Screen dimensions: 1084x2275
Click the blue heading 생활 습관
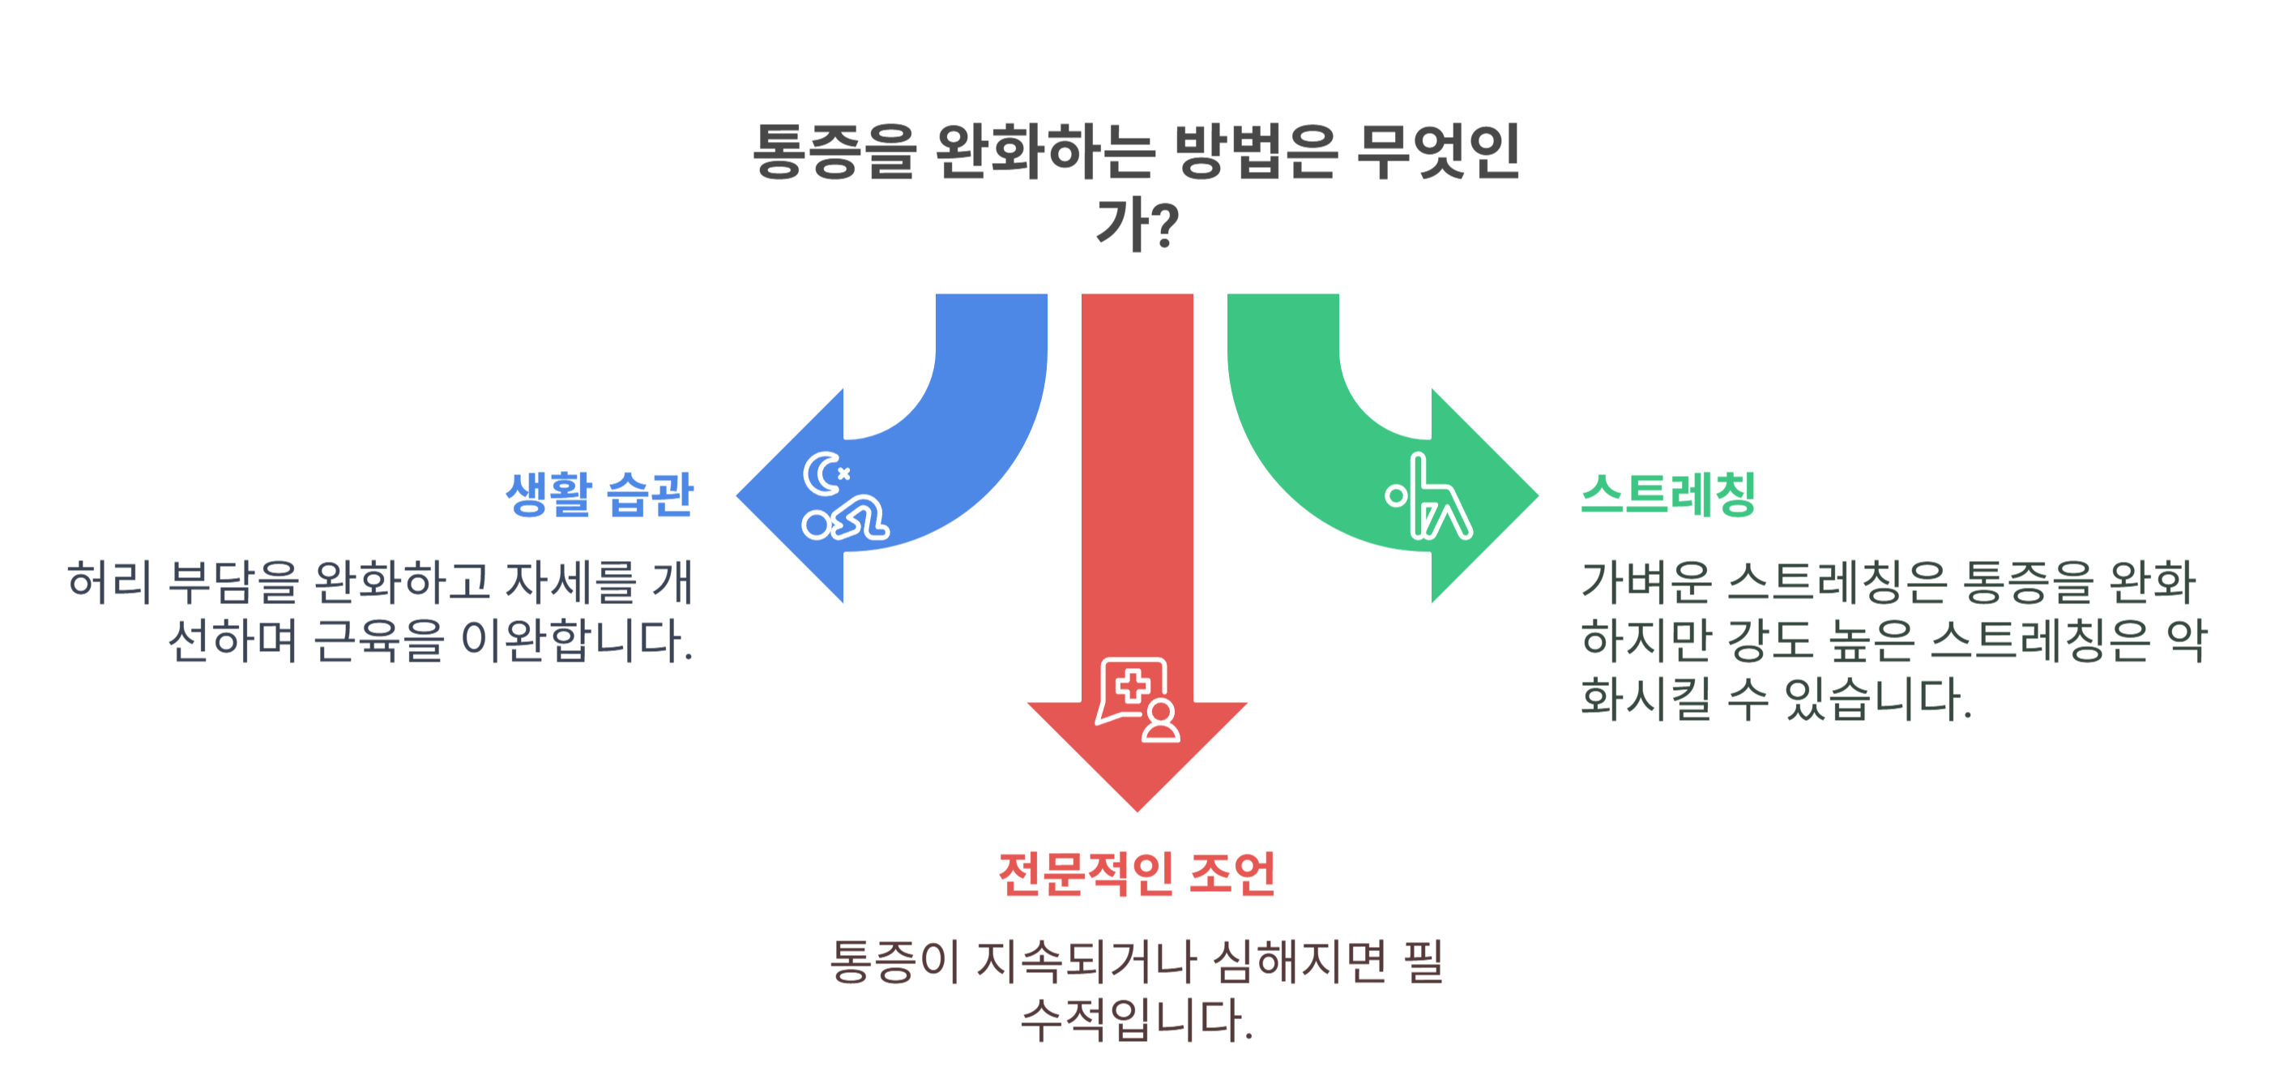point(599,494)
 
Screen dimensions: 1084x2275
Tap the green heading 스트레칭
point(1667,494)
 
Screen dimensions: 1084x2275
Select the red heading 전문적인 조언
point(1137,874)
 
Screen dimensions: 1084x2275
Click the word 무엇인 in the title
point(1437,152)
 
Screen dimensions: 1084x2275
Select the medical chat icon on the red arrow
point(1137,699)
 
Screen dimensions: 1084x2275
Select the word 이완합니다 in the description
point(576,641)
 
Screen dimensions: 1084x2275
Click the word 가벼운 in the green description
point(1646,582)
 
